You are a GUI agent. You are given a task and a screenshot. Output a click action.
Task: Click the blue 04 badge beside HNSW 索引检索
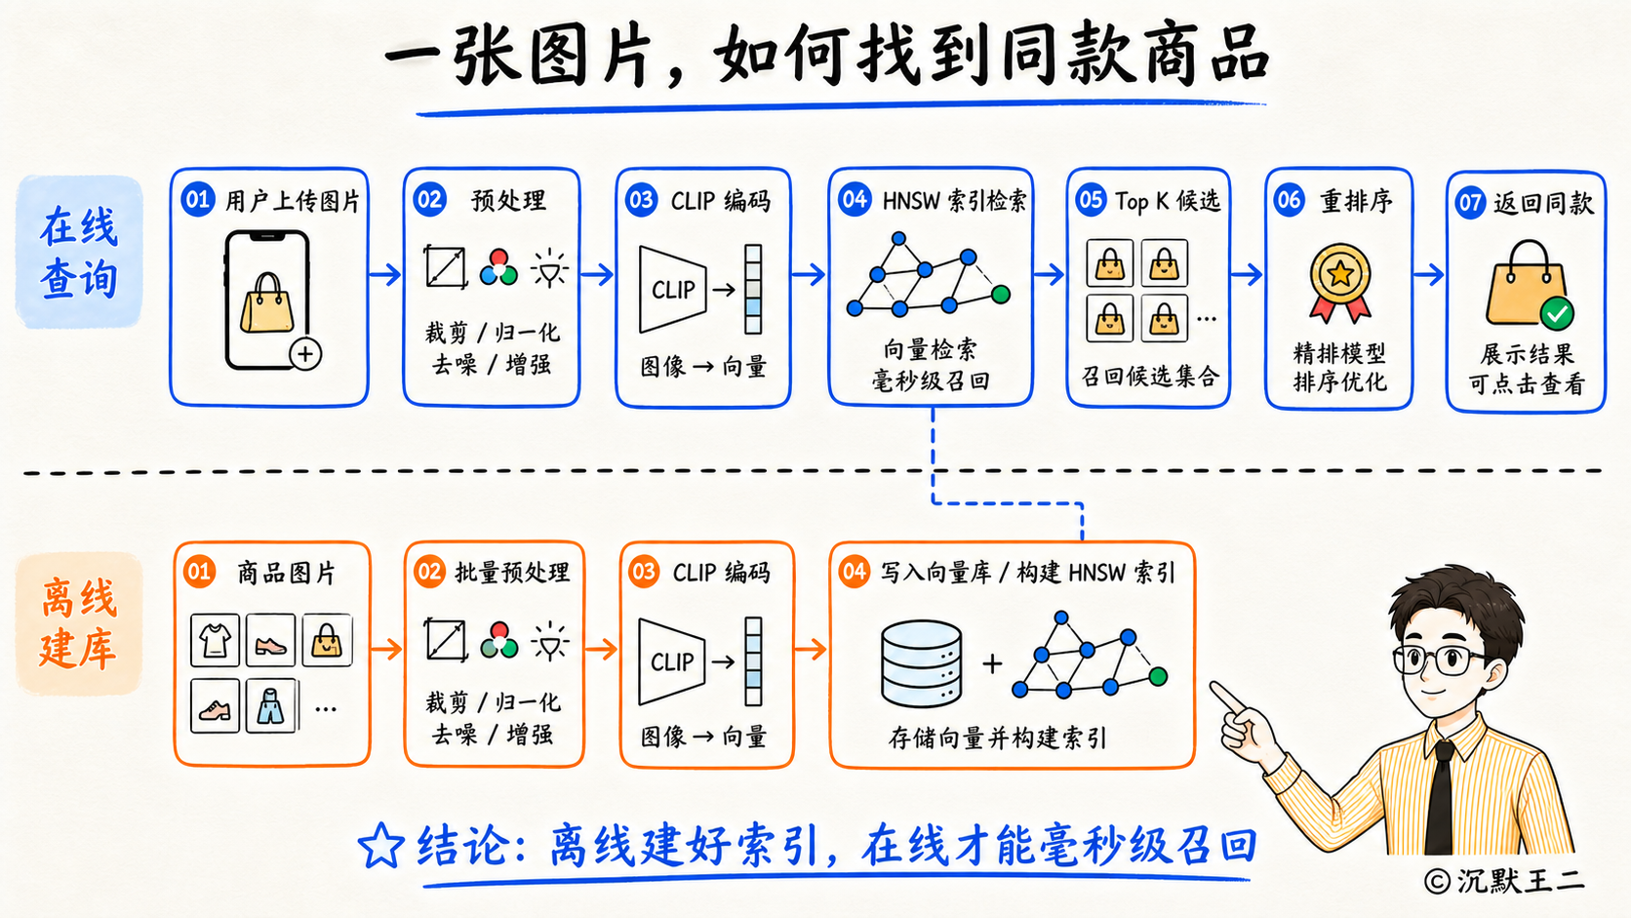tap(855, 199)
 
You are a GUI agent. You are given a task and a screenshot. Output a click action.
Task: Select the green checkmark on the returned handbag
tap(1557, 314)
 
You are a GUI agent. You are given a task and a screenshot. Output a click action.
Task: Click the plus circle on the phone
tap(305, 354)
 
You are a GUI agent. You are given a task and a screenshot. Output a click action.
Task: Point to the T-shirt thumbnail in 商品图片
tap(215, 641)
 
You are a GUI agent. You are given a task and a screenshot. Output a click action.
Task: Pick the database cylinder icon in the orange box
tap(921, 663)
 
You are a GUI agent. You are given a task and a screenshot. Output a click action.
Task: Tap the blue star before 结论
tap(380, 845)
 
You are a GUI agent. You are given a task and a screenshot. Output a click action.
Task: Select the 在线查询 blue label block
tap(79, 251)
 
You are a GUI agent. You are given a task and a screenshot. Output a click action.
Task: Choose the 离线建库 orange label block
tap(79, 624)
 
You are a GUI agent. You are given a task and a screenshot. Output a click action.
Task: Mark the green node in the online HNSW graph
tap(1001, 294)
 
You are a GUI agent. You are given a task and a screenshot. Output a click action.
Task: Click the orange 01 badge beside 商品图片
tap(200, 572)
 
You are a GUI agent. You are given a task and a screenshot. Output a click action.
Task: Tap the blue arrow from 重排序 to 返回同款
tap(1428, 274)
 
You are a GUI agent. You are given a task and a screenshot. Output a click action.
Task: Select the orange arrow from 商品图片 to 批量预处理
tap(386, 648)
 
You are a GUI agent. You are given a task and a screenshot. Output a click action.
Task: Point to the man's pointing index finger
tap(1228, 697)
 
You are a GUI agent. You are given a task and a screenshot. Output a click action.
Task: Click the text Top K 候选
tap(1168, 201)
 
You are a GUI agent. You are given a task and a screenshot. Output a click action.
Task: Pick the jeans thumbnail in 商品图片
tap(271, 705)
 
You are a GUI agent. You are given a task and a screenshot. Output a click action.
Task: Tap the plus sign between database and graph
tap(992, 664)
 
